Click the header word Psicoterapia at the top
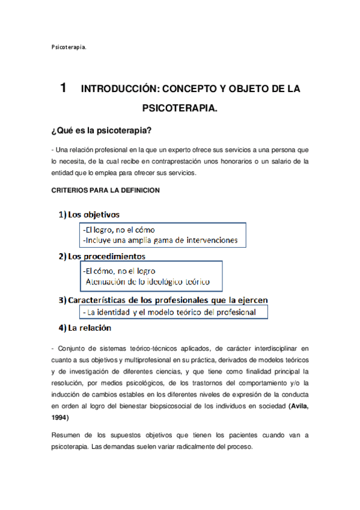point(69,45)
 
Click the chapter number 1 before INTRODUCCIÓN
point(63,88)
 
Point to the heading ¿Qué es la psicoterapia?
point(101,131)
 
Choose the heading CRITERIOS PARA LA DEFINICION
point(105,190)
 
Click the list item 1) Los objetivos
point(89,215)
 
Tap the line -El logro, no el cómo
point(119,229)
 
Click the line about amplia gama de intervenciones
point(160,241)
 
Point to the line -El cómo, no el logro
point(119,271)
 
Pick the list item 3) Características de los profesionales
point(163,299)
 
